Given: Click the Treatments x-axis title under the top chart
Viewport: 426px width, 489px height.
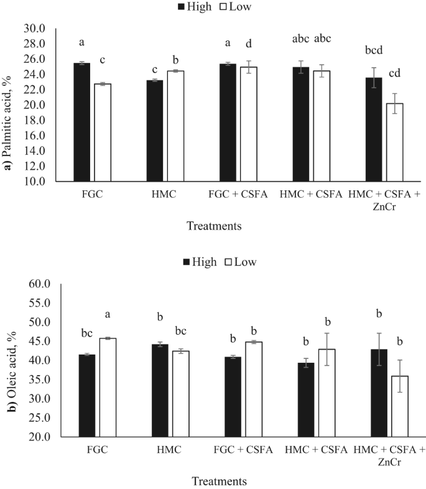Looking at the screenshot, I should coord(215,225).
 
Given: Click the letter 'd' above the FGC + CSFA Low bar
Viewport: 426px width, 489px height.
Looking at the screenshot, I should coord(249,44).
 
